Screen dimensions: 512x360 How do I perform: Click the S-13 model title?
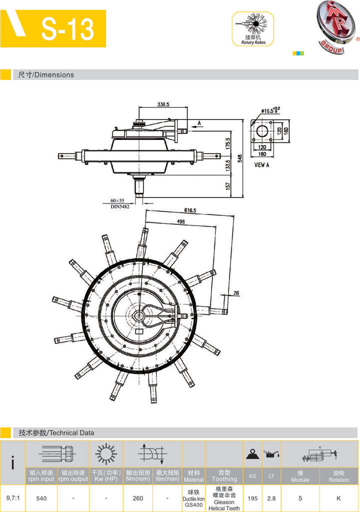(67, 29)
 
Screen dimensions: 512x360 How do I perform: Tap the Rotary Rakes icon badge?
(253, 29)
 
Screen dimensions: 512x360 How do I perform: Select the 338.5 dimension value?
(163, 104)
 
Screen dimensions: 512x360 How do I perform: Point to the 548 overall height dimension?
(240, 158)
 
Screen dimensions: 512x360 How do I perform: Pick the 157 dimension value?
(228, 186)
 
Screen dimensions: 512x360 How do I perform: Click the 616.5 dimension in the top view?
(190, 211)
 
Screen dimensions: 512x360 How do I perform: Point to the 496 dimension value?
(180, 221)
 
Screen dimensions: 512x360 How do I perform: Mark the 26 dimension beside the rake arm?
(236, 293)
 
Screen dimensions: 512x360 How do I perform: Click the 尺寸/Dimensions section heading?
(46, 75)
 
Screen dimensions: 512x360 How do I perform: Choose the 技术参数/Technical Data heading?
(56, 432)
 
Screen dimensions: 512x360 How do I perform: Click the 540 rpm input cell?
(41, 498)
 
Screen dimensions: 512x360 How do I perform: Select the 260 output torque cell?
(138, 498)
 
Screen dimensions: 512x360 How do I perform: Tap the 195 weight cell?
(252, 498)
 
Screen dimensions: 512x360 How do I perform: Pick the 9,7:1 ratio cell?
(12, 498)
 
